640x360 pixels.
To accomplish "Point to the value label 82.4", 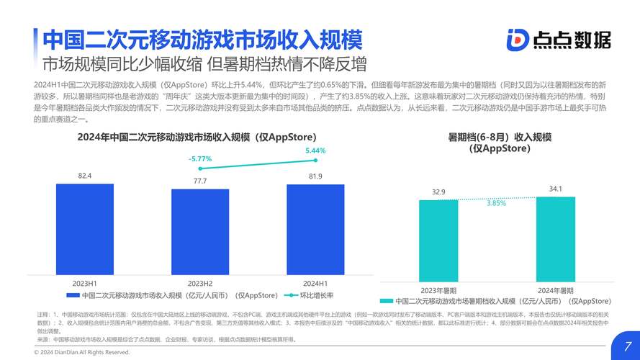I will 85,176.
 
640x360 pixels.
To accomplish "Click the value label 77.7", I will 200,181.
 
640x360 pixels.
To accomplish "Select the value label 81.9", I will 315,176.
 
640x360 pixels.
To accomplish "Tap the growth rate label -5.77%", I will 200,158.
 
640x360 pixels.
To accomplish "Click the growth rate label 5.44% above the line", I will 315,150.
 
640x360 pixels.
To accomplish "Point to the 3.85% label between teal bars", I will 496,203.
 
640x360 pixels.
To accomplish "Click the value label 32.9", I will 438,192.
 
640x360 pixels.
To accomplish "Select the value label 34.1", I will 556,189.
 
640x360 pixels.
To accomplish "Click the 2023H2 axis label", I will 200,283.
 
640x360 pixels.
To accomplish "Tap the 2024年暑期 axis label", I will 556,289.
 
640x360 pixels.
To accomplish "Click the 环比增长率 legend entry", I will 317,295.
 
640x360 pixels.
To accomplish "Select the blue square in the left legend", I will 72,295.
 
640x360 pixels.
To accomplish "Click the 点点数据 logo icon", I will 517,40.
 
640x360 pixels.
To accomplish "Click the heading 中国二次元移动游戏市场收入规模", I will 202,39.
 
